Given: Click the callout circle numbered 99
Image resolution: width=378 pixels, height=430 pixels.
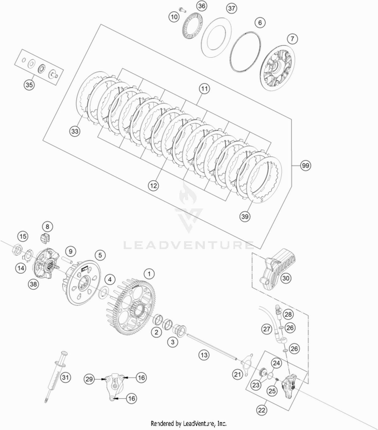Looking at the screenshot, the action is tap(305, 166).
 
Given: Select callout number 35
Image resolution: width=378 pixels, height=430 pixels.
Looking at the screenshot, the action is tap(29, 85).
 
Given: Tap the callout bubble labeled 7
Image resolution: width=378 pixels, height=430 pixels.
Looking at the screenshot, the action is tap(292, 39).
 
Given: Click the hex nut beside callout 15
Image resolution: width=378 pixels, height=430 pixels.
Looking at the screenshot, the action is tap(17, 249).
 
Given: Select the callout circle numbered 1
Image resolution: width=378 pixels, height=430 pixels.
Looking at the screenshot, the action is tap(149, 274).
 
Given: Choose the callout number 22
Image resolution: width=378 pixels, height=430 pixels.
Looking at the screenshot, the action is tap(262, 410).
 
